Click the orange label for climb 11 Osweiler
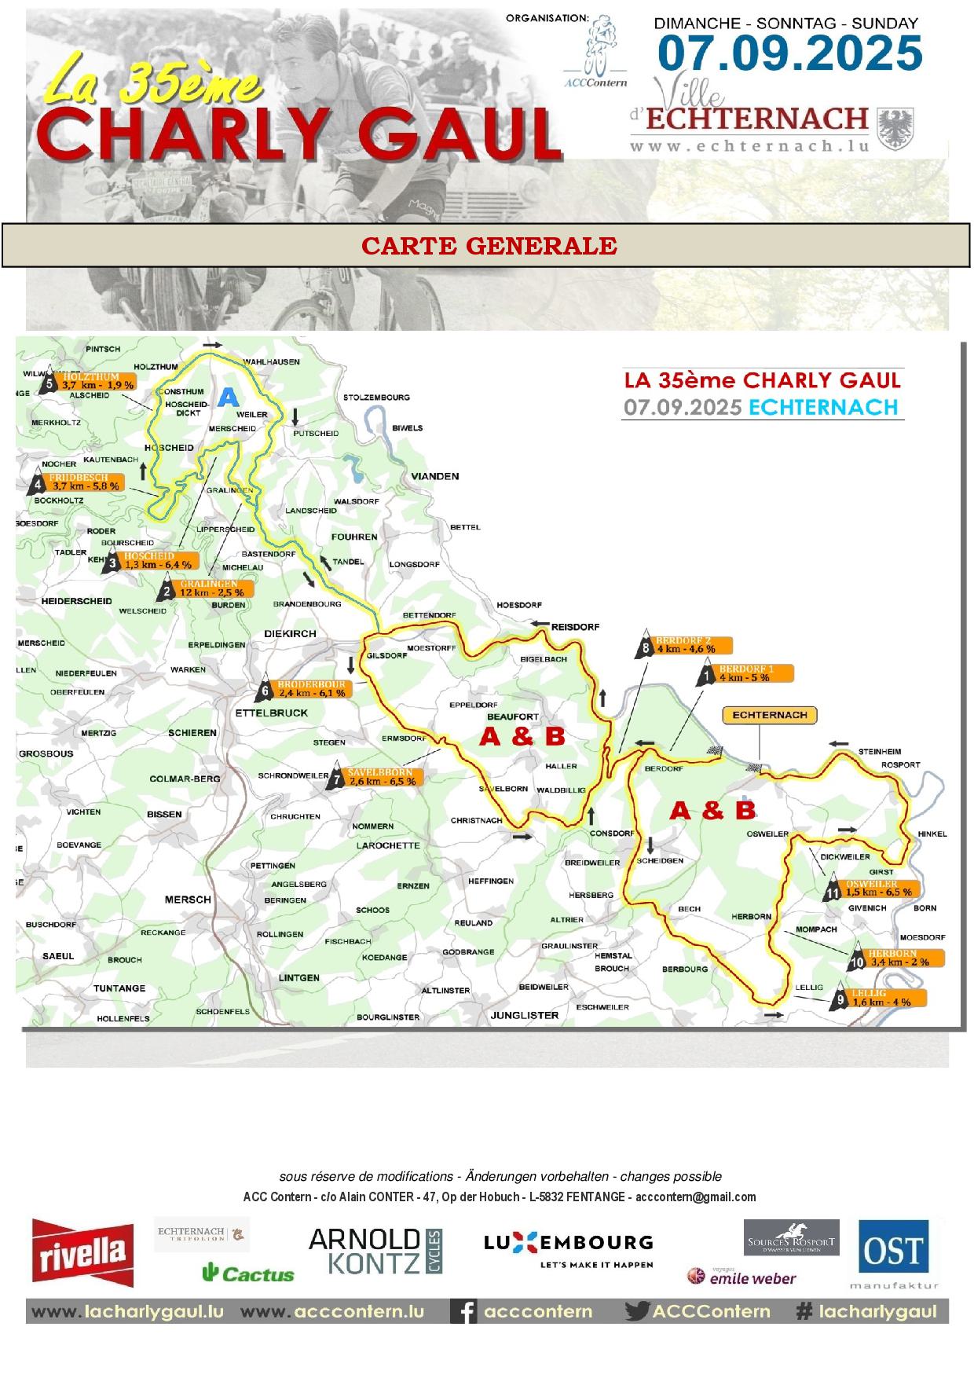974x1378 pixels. click(878, 888)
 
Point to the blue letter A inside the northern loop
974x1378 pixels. click(227, 398)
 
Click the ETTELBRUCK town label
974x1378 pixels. click(272, 713)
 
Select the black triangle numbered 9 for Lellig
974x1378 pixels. click(841, 998)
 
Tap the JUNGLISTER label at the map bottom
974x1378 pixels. click(524, 1015)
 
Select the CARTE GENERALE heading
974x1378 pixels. click(489, 246)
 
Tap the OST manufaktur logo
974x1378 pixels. click(894, 1253)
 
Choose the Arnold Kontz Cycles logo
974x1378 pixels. click(375, 1251)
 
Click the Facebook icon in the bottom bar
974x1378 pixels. click(467, 1311)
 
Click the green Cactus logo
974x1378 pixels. click(248, 1274)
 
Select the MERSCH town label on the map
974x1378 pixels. click(187, 900)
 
